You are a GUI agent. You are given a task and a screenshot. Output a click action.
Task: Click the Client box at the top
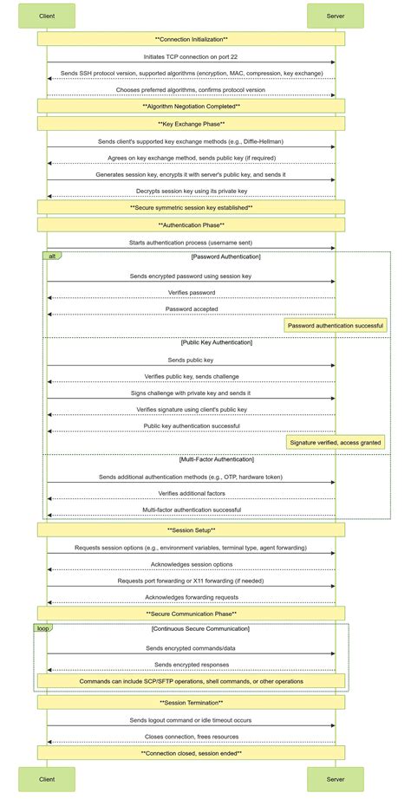47,16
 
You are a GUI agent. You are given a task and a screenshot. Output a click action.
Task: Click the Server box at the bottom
335,779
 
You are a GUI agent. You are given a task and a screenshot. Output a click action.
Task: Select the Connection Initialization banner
191,39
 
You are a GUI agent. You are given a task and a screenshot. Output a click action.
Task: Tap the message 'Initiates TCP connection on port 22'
191,56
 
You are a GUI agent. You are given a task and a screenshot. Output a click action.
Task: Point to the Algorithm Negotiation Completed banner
191,106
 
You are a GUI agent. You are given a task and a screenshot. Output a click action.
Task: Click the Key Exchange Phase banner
191,124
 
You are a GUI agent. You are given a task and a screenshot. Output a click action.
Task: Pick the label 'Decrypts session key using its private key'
191,191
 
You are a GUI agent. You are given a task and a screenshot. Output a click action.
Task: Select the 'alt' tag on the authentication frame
52,257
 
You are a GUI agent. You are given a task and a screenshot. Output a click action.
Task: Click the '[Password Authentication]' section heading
225,257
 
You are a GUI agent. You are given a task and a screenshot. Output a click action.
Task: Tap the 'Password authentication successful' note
336,326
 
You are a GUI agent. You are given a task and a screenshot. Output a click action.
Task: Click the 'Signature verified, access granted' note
336,442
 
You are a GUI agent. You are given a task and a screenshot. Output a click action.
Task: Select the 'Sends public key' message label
191,360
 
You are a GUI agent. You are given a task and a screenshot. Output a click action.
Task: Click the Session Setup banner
191,529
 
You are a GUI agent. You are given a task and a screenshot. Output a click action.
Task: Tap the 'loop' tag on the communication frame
43,627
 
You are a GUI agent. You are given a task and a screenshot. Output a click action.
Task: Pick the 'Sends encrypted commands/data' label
191,647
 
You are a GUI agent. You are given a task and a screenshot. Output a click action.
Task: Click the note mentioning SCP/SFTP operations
191,681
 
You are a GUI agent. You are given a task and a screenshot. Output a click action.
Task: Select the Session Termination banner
191,703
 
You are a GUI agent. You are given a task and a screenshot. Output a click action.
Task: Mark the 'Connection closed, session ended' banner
191,753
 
